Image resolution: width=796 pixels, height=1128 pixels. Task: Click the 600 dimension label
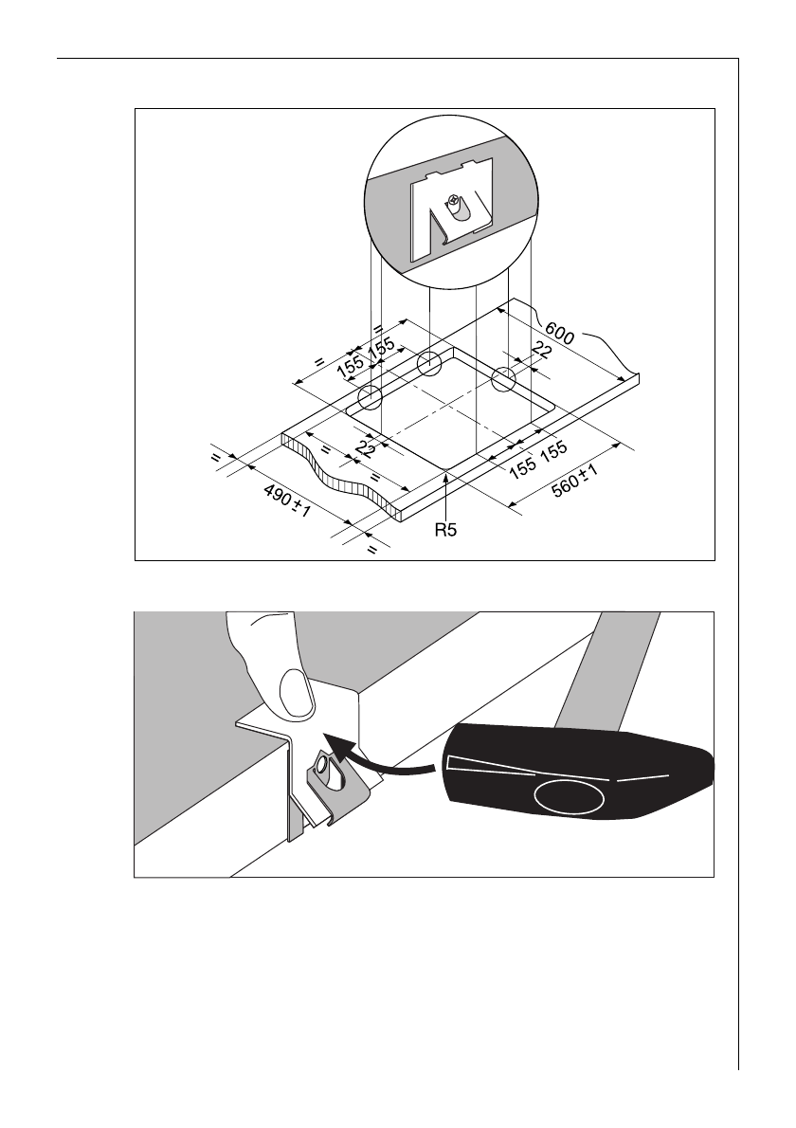coord(560,336)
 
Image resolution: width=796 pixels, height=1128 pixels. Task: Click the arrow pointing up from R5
coord(446,493)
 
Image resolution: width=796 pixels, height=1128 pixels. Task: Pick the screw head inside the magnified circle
coord(454,202)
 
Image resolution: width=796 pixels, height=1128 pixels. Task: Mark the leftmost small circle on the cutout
coord(369,397)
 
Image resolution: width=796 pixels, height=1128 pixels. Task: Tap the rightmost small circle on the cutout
coord(503,380)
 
